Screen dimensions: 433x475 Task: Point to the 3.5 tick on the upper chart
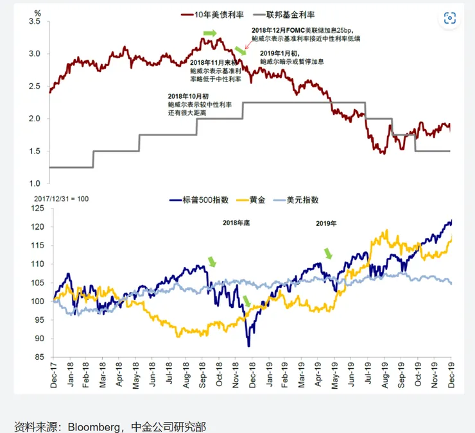(35, 22)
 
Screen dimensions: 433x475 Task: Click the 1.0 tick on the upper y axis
(35, 184)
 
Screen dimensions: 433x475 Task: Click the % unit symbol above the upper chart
(38, 12)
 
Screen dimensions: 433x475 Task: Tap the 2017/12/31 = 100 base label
(61, 199)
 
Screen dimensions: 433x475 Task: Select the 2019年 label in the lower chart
(326, 223)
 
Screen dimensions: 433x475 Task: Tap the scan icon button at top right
(450, 18)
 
